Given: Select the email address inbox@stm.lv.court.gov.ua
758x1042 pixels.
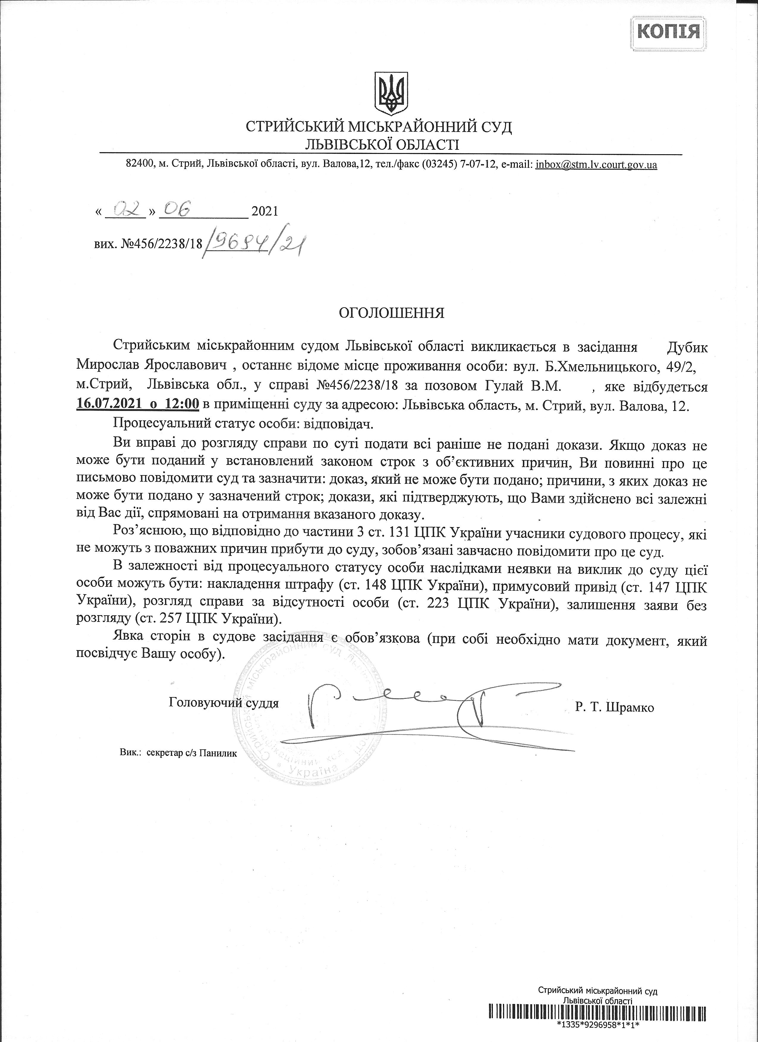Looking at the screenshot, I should (x=596, y=165).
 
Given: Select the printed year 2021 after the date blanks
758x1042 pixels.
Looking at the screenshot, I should (x=265, y=211).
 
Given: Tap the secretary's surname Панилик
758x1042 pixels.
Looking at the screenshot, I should (x=219, y=753).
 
